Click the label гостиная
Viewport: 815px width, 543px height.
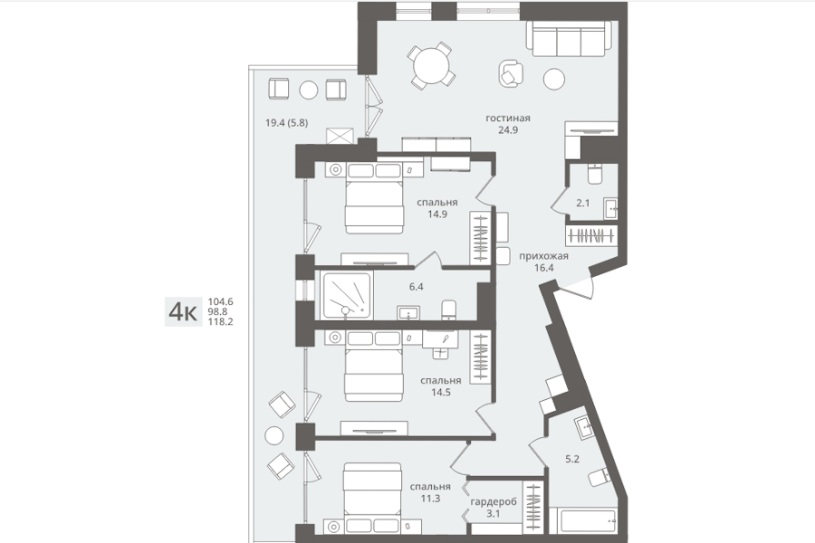click(508, 118)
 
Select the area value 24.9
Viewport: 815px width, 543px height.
click(508, 130)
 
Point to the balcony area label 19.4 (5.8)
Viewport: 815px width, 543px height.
click(286, 123)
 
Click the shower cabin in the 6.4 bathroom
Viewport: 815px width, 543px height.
click(347, 295)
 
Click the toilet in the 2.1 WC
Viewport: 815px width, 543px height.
click(595, 174)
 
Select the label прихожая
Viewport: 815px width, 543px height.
click(543, 255)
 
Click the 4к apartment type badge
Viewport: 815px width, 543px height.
click(183, 311)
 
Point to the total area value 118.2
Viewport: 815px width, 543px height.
click(220, 321)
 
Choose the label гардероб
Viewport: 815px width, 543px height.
click(494, 502)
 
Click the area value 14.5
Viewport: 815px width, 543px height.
click(441, 393)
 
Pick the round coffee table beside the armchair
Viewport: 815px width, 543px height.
click(554, 79)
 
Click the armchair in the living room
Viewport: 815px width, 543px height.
click(512, 72)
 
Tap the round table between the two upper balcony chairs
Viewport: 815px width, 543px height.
click(308, 90)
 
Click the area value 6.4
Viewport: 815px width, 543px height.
click(417, 286)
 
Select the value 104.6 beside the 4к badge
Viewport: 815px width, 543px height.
click(220, 302)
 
